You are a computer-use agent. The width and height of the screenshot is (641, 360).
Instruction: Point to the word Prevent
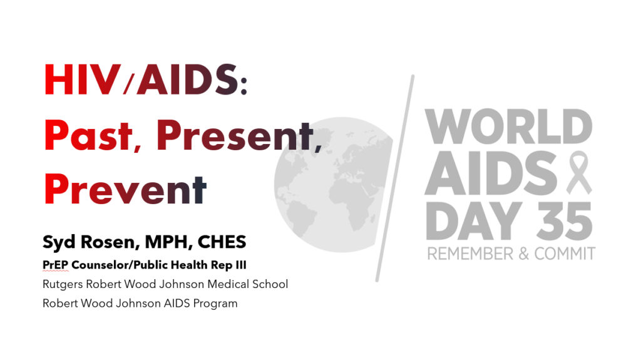tap(125, 190)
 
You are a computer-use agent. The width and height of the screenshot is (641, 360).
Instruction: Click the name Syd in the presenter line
tap(59, 242)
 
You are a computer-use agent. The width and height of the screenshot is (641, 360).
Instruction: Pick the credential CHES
tap(222, 242)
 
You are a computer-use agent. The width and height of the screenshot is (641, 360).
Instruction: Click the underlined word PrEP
tap(56, 265)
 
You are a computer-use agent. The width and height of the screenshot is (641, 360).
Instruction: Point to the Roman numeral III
tap(241, 265)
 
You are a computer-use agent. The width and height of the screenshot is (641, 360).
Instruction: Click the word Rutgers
tap(63, 284)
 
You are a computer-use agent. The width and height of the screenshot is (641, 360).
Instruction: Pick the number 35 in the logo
tap(565, 221)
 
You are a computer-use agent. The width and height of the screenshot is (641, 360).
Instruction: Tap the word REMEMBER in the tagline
tap(470, 254)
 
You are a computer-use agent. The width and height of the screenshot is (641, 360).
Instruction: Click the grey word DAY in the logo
tap(474, 221)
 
